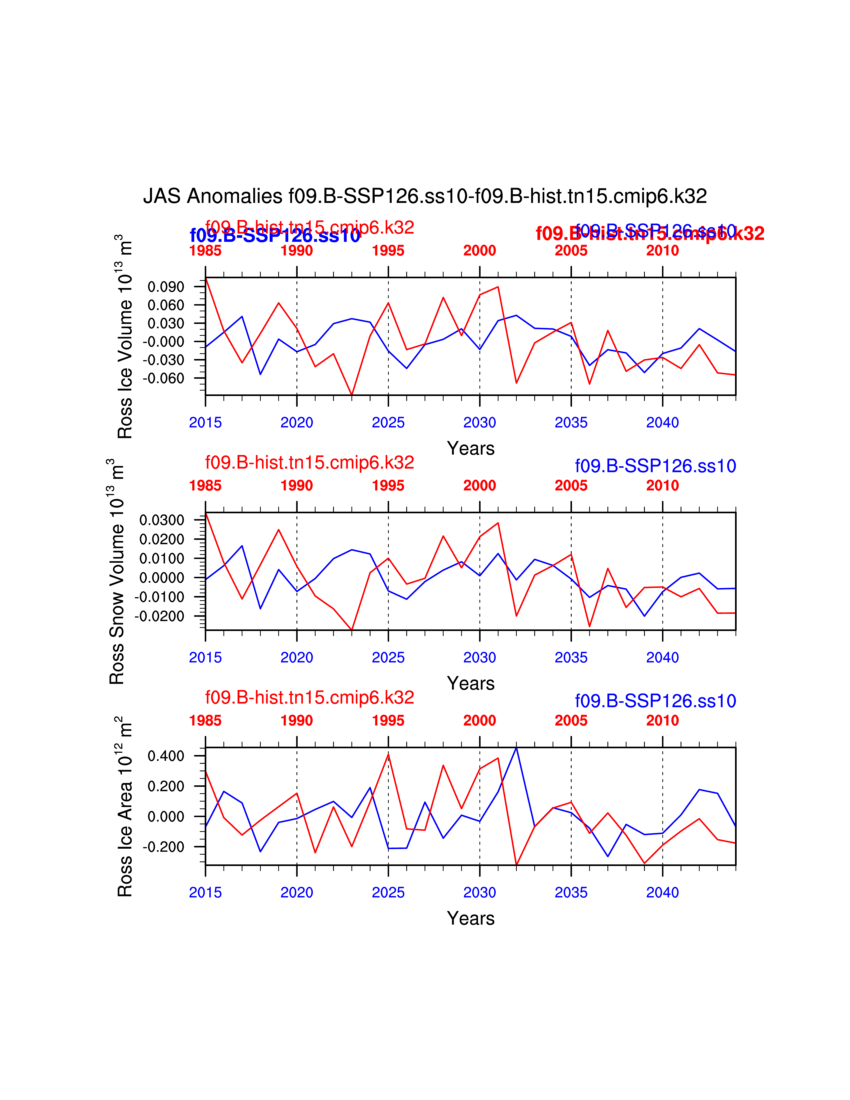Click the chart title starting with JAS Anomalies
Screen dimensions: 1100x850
pyautogui.click(x=425, y=196)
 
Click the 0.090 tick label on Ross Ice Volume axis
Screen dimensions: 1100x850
pyautogui.click(x=166, y=287)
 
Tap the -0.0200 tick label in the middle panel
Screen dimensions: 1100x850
pyautogui.click(x=159, y=616)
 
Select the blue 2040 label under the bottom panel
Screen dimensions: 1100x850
pyautogui.click(x=662, y=892)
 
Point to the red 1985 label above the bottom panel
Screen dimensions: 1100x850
pyautogui.click(x=205, y=721)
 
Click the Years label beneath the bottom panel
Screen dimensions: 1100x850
pyautogui.click(x=470, y=918)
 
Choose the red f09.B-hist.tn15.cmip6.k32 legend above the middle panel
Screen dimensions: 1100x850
pyautogui.click(x=309, y=462)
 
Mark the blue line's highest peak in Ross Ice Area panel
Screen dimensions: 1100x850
pyautogui.click(x=516, y=748)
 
